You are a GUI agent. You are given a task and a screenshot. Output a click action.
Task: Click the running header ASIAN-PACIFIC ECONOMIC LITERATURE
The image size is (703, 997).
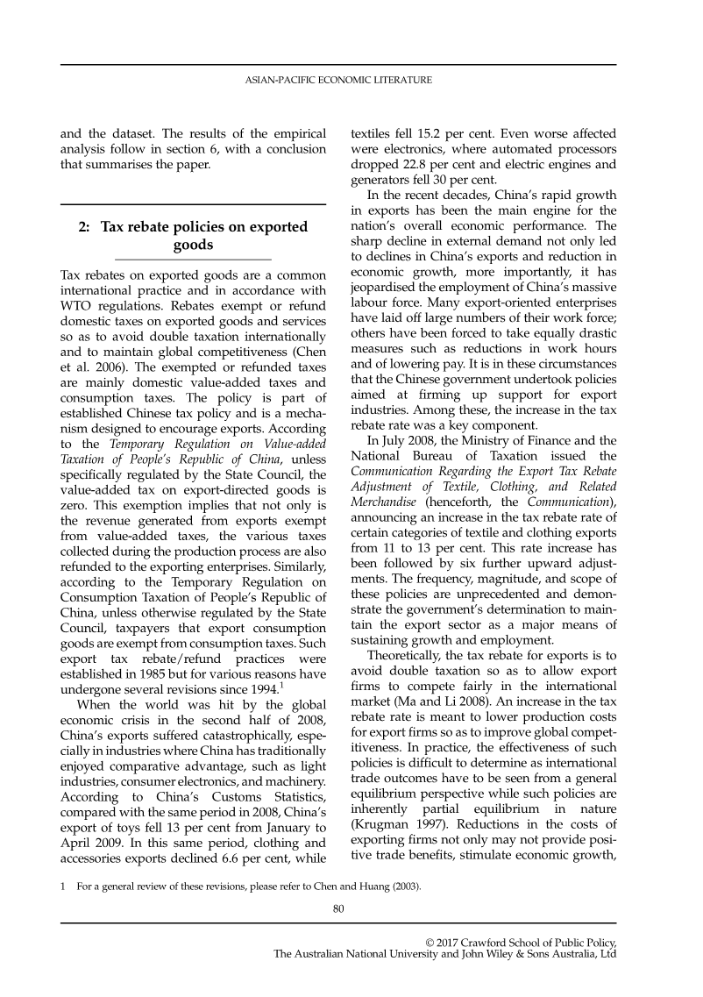coord(337,81)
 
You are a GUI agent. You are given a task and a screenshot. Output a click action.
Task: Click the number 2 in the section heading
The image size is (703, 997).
coord(83,227)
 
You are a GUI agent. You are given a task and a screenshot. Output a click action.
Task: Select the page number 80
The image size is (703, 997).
coord(337,908)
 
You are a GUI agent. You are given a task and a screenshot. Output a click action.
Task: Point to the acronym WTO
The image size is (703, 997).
coord(77,302)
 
